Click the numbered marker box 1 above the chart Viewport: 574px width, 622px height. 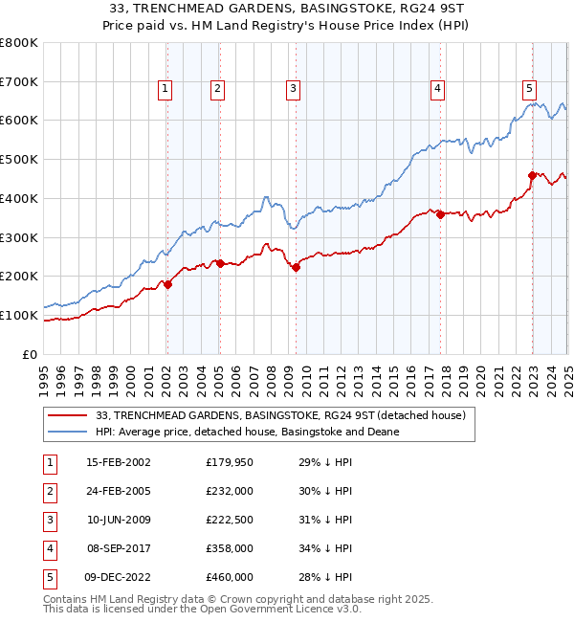[x=166, y=89]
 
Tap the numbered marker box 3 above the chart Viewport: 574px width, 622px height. [x=293, y=89]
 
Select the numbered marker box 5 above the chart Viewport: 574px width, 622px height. [x=529, y=89]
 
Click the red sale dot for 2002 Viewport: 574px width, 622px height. [x=167, y=284]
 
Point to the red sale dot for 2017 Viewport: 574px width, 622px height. [x=440, y=214]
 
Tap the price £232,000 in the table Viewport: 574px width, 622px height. [x=230, y=491]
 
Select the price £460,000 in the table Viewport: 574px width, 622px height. [x=230, y=577]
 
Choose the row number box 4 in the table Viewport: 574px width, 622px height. [x=49, y=548]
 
